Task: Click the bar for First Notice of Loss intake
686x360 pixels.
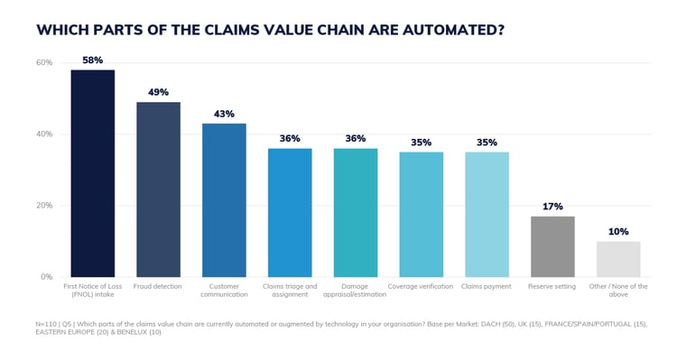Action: point(93,173)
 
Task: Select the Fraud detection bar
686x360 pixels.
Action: point(158,189)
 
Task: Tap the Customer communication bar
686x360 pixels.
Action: point(224,200)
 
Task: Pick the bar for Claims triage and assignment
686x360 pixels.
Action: point(290,213)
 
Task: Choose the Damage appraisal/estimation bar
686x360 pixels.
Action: point(356,213)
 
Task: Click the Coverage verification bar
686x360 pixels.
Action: point(422,215)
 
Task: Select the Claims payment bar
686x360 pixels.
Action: point(487,215)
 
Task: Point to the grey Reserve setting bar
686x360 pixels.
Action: point(552,246)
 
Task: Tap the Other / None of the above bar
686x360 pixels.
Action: point(618,259)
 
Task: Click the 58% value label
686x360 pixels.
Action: point(93,60)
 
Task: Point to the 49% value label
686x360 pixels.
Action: point(158,92)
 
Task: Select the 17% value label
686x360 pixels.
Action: point(552,207)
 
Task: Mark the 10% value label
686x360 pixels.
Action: point(618,232)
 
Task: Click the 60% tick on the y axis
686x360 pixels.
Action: point(44,62)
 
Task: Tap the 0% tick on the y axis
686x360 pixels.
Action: point(47,277)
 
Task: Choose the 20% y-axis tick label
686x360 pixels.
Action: point(44,206)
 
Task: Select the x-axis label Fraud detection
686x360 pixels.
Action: point(158,287)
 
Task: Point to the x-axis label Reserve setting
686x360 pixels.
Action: point(552,287)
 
